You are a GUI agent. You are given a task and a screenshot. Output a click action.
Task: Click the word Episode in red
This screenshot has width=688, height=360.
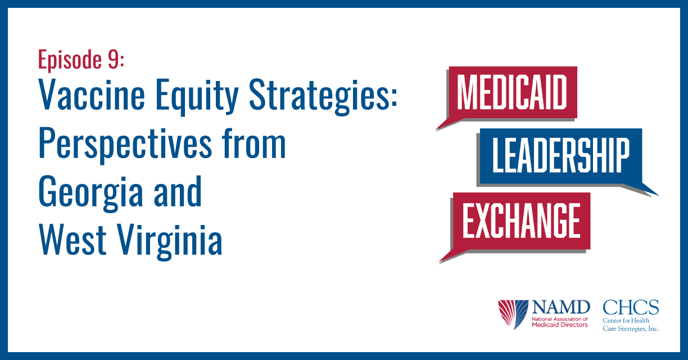coord(70,60)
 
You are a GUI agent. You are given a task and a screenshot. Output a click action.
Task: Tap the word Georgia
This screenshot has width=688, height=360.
coord(91,193)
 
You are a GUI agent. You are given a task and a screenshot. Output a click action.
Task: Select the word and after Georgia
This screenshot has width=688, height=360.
coord(178,191)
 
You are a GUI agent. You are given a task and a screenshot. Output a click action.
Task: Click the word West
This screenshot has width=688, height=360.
coord(73,240)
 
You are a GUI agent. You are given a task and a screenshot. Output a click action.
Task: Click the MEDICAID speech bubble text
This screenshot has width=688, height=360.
coord(512,92)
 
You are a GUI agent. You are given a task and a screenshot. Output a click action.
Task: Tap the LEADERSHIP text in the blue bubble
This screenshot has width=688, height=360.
coord(561,155)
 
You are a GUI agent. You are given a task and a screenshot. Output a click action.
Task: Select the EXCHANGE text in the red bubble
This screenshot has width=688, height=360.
coord(521,220)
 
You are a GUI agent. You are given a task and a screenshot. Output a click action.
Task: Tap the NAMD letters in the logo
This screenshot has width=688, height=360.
coord(561,308)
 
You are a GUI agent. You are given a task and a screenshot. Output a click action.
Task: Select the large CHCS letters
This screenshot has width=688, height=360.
coord(631,308)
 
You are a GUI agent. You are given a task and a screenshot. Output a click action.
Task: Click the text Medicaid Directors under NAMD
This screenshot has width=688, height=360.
coord(560,325)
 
